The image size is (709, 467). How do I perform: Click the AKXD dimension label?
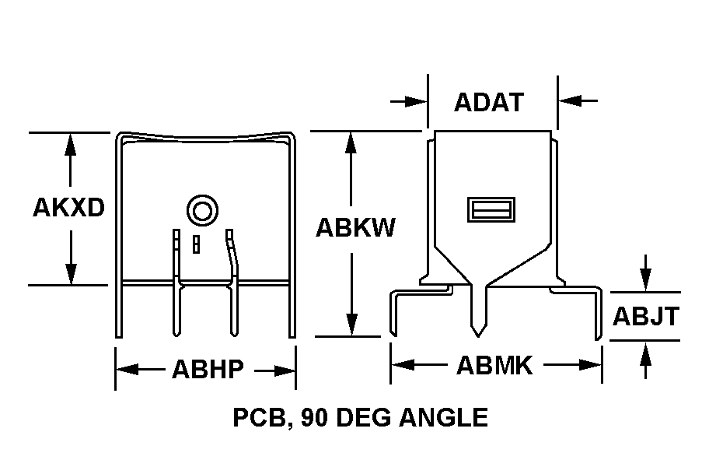click(68, 208)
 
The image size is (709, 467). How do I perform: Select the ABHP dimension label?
click(208, 369)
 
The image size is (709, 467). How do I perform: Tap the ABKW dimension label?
click(355, 227)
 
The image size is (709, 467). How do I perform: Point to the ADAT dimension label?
click(489, 102)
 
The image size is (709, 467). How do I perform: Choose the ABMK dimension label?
click(495, 366)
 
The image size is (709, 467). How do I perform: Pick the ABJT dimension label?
click(646, 316)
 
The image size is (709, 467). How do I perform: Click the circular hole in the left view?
click(203, 210)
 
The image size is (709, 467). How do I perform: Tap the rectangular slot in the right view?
click(491, 209)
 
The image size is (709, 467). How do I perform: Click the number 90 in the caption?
click(315, 417)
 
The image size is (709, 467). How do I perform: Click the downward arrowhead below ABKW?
click(352, 325)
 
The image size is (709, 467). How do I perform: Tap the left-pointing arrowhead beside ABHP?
click(127, 370)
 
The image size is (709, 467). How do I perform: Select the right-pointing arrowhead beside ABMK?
click(591, 365)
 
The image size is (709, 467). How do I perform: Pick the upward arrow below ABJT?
click(646, 360)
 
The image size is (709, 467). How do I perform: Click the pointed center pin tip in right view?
click(478, 337)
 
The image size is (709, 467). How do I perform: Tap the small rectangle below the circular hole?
click(196, 244)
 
